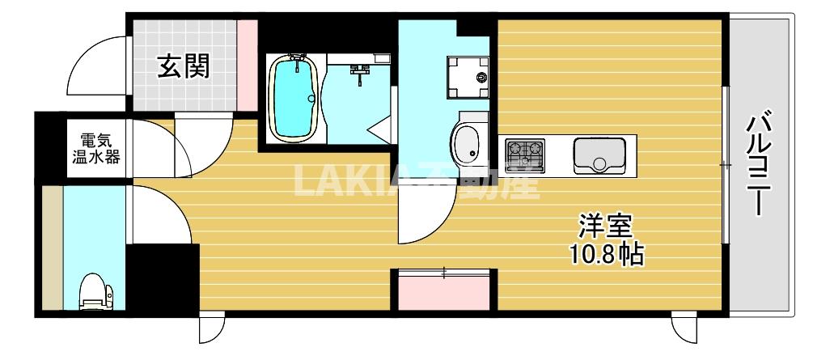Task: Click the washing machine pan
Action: pos(468,78)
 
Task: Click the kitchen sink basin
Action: pos(599,155)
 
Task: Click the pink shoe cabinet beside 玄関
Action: pos(247,64)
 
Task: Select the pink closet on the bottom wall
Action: pos(443,290)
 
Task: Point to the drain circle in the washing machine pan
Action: pos(481,78)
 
